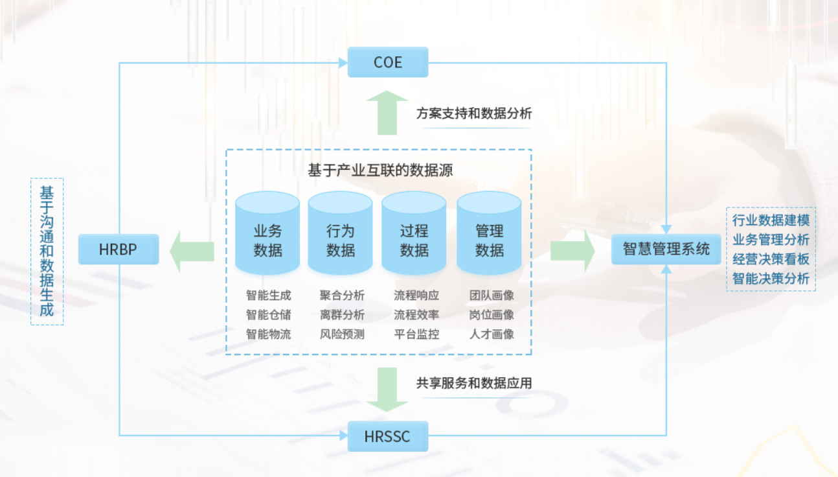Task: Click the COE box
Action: coord(388,62)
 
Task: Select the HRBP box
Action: coord(119,250)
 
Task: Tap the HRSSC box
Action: coord(388,436)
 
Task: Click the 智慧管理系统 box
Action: coord(666,250)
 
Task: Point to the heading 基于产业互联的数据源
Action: coord(380,171)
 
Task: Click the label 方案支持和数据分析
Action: coord(473,114)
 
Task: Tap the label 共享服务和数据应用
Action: coord(473,383)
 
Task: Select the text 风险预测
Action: coord(342,334)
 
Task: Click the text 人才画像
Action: coord(492,334)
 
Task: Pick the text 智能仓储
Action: coord(268,315)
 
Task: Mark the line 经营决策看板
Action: coord(771,259)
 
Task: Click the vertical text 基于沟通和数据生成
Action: coord(47,251)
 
